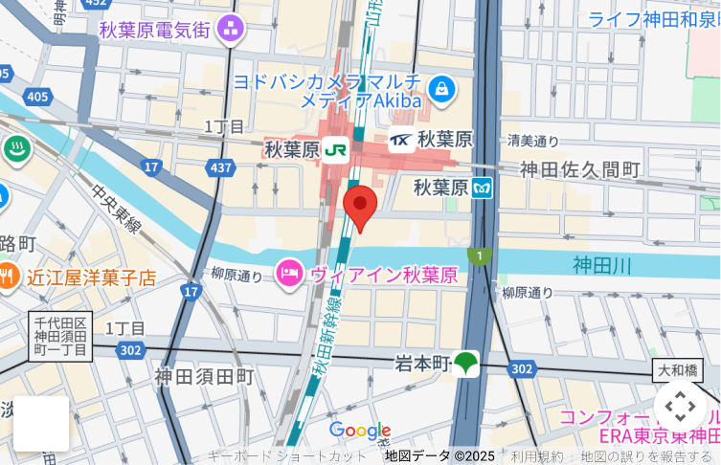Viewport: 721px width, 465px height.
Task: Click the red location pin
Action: pyautogui.click(x=360, y=205)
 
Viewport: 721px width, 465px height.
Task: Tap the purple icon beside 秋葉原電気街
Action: pyautogui.click(x=230, y=30)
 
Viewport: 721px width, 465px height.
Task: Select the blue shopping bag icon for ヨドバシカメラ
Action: pyautogui.click(x=441, y=91)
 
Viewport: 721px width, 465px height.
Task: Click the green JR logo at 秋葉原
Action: pyautogui.click(x=335, y=149)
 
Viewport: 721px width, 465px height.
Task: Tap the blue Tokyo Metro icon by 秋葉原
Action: pyautogui.click(x=483, y=188)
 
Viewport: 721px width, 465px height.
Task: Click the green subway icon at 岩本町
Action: pyautogui.click(x=466, y=364)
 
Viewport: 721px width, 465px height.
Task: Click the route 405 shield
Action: pyautogui.click(x=37, y=97)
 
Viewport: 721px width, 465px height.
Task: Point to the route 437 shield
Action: pyautogui.click(x=221, y=167)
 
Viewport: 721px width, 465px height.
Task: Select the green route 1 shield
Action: pyautogui.click(x=479, y=255)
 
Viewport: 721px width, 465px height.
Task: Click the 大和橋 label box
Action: pyautogui.click(x=679, y=369)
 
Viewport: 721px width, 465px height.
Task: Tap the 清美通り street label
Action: pyautogui.click(x=533, y=141)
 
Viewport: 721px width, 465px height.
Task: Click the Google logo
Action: pyautogui.click(x=359, y=431)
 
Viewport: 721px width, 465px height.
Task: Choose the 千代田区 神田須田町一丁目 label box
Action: pyautogui.click(x=60, y=337)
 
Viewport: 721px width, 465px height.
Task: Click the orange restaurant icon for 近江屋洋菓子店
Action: pyautogui.click(x=7, y=277)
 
